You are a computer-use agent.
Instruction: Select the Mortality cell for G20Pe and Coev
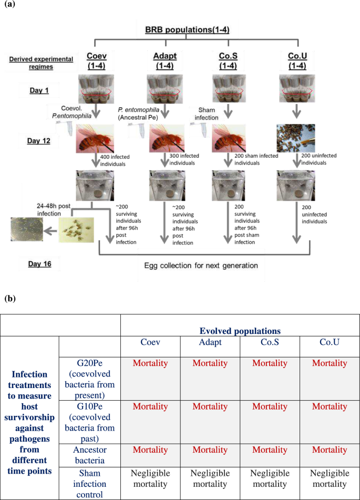click(x=150, y=363)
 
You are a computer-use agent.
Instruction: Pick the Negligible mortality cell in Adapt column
click(x=210, y=478)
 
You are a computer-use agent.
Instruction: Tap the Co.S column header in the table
click(x=270, y=342)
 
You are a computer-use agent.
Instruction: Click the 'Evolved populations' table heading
click(x=240, y=331)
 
